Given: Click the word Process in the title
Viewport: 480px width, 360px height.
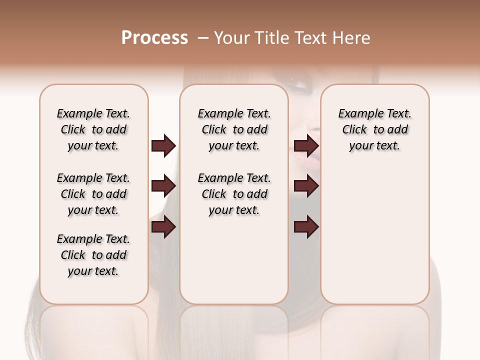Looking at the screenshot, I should point(154,38).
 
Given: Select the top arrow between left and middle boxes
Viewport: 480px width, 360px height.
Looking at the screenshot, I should point(164,145).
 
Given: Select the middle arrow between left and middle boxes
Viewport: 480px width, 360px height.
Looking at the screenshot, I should point(164,186).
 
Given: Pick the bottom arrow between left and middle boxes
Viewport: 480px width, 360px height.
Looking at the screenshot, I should point(164,227).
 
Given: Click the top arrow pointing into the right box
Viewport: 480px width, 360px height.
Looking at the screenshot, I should point(306,145).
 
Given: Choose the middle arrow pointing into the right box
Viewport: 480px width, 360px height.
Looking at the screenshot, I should point(306,186).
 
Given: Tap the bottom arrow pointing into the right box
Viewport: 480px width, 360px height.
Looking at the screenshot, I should point(306,227).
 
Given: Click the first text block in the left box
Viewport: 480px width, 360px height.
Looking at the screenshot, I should point(93,129).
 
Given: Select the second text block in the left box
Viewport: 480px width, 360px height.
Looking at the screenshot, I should point(93,194).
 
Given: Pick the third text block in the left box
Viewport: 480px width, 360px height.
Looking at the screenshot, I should point(93,255).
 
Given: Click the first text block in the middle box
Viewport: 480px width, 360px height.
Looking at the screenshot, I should point(234,129).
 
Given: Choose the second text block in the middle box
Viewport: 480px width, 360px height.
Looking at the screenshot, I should point(234,194).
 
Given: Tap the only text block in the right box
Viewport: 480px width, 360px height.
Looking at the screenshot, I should point(374,129).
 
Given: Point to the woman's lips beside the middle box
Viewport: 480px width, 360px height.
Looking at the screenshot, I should point(305,159).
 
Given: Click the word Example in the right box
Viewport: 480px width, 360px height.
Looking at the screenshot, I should point(358,114).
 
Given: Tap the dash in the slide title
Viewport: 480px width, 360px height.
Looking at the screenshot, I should point(202,38).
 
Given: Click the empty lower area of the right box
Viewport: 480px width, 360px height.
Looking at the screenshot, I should point(374,240).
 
